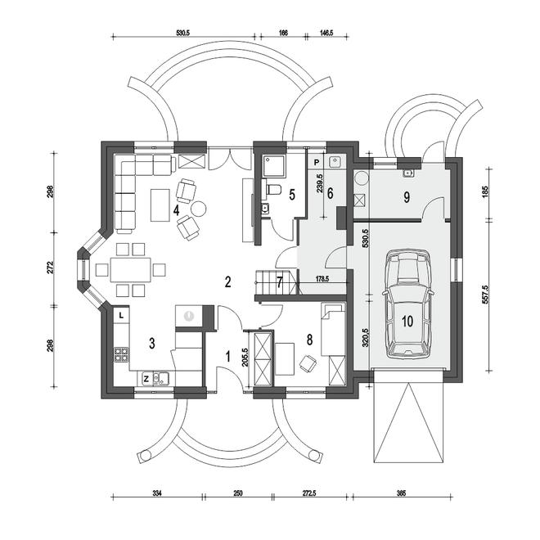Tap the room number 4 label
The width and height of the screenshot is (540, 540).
(177, 210)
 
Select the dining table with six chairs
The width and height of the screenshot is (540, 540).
(131, 270)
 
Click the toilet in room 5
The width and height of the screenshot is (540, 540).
(273, 189)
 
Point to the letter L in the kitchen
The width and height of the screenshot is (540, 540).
(121, 315)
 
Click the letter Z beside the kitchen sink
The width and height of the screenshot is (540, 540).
(146, 379)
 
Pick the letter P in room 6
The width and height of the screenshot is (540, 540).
(317, 161)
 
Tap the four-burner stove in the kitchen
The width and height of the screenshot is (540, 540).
(122, 354)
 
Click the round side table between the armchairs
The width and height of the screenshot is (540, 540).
(199, 209)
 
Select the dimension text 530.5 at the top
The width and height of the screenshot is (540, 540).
(183, 33)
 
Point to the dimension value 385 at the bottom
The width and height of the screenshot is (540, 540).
(401, 493)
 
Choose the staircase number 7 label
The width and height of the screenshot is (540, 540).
(280, 282)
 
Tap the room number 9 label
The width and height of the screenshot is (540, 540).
(407, 197)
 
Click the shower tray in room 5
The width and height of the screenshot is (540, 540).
(274, 167)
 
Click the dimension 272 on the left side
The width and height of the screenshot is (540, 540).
(50, 268)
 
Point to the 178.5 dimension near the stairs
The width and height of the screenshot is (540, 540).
(322, 279)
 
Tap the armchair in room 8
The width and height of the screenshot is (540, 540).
(308, 363)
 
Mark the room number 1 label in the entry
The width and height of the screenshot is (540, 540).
(227, 357)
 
